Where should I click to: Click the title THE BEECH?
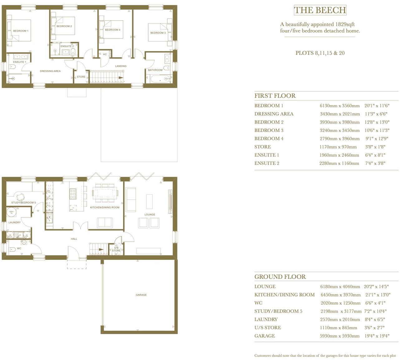[320, 10]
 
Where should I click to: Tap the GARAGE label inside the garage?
[141, 295]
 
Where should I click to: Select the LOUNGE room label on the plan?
[150, 215]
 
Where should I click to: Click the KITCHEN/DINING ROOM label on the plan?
[105, 207]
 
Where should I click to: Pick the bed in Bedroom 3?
[159, 32]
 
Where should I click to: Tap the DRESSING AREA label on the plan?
[50, 71]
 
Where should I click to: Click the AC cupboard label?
[105, 54]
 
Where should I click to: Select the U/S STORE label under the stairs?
[116, 249]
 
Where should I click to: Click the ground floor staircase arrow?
[100, 250]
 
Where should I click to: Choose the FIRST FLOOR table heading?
[275, 96]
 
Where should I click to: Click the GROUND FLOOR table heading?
[280, 277]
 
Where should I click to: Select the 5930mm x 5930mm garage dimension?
[340, 336]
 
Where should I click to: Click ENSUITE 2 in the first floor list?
[267, 163]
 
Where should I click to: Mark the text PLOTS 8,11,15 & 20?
[320, 53]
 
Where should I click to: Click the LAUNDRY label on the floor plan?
[15, 222]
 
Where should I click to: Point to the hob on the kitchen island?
[73, 194]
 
